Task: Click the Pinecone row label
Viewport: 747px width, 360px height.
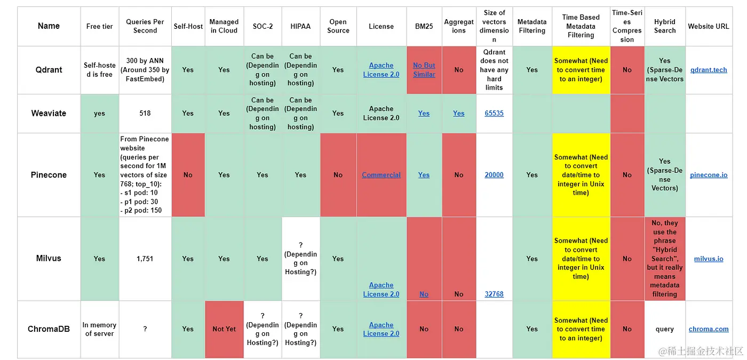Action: click(x=49, y=175)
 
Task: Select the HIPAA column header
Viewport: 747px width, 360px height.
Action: click(x=300, y=26)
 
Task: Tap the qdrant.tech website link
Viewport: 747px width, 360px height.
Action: click(x=708, y=70)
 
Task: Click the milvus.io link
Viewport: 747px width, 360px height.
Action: click(x=708, y=259)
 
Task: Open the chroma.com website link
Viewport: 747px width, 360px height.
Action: click(x=708, y=329)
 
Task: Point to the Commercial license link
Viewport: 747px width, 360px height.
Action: click(x=381, y=175)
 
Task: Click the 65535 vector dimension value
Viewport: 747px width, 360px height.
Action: click(x=494, y=113)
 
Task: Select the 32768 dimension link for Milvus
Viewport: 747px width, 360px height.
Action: click(x=494, y=294)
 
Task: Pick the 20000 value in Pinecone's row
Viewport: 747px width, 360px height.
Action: click(x=494, y=175)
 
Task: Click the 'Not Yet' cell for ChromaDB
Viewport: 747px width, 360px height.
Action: click(x=224, y=329)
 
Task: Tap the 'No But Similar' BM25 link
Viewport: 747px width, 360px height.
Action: click(x=424, y=70)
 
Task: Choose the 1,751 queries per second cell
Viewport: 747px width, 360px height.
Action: click(x=145, y=259)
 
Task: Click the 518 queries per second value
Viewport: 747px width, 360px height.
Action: click(x=145, y=113)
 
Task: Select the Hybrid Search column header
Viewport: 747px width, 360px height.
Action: click(x=664, y=26)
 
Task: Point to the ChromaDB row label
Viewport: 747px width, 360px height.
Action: click(x=49, y=329)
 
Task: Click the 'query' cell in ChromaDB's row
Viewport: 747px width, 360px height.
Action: click(x=664, y=329)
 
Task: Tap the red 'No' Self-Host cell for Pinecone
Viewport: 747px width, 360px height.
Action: click(x=188, y=175)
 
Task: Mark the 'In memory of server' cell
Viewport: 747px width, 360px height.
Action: click(x=99, y=329)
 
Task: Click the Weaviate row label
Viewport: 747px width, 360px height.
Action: click(x=49, y=113)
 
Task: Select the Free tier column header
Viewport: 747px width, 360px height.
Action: click(x=99, y=26)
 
